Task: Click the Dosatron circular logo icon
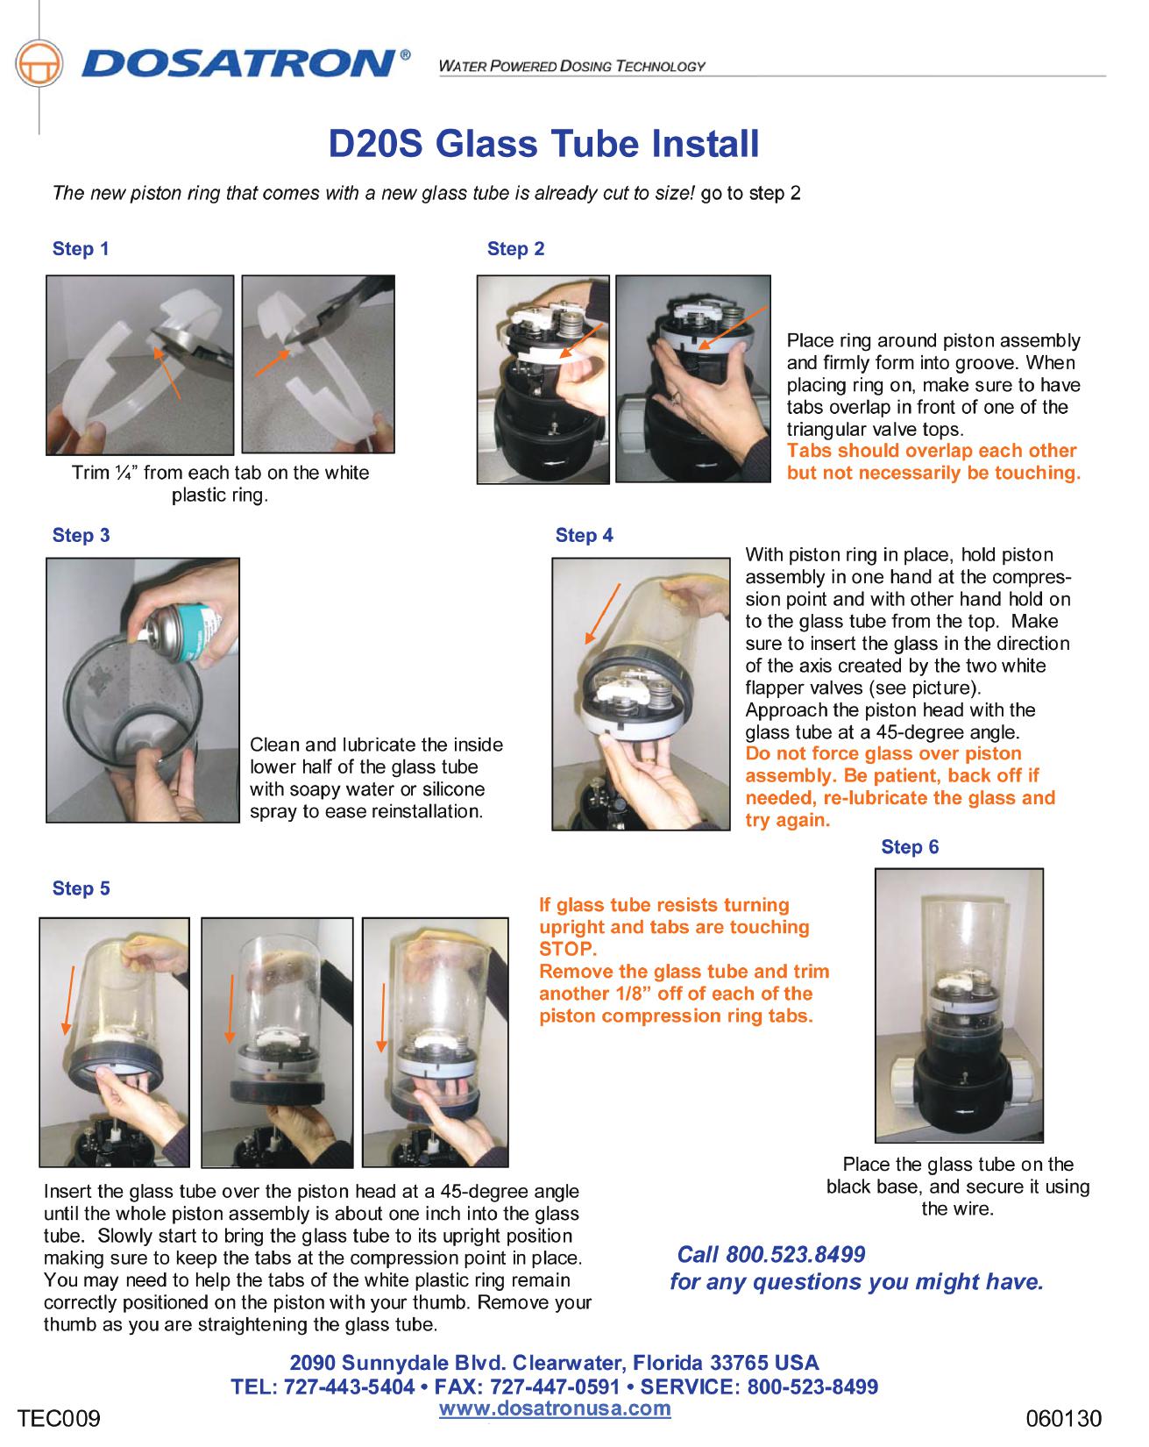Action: click(39, 64)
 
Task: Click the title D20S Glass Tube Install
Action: click(543, 144)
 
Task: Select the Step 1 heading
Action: click(81, 249)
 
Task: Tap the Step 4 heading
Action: click(584, 536)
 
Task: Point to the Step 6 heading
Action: click(909, 847)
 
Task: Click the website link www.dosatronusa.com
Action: click(554, 1408)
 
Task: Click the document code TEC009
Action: click(60, 1418)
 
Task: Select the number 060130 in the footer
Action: click(1063, 1418)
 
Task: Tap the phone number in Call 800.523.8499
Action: click(796, 1255)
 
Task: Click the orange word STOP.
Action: click(567, 950)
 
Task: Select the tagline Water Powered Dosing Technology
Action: click(571, 67)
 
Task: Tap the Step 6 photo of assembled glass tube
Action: click(959, 1005)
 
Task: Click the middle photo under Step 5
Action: click(277, 1043)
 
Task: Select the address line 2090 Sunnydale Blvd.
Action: click(554, 1364)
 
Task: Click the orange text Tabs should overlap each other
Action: click(931, 452)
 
